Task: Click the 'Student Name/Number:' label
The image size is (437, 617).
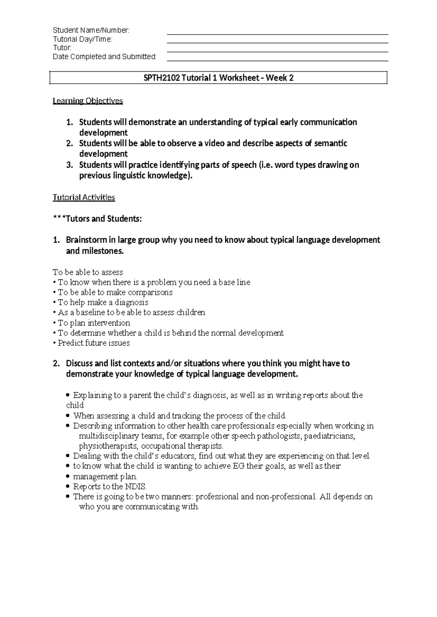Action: pyautogui.click(x=91, y=30)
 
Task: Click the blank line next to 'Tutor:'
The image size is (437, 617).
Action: pyautogui.click(x=277, y=52)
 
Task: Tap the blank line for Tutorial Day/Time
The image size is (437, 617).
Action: pyautogui.click(x=277, y=43)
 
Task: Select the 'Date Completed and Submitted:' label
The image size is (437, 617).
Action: pyautogui.click(x=105, y=57)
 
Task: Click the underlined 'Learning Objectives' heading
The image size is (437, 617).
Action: pyautogui.click(x=88, y=101)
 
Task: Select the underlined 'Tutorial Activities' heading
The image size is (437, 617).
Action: pyautogui.click(x=84, y=198)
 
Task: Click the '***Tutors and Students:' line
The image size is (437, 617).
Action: pyautogui.click(x=97, y=219)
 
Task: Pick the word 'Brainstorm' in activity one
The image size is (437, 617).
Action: pyautogui.click(x=86, y=240)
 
